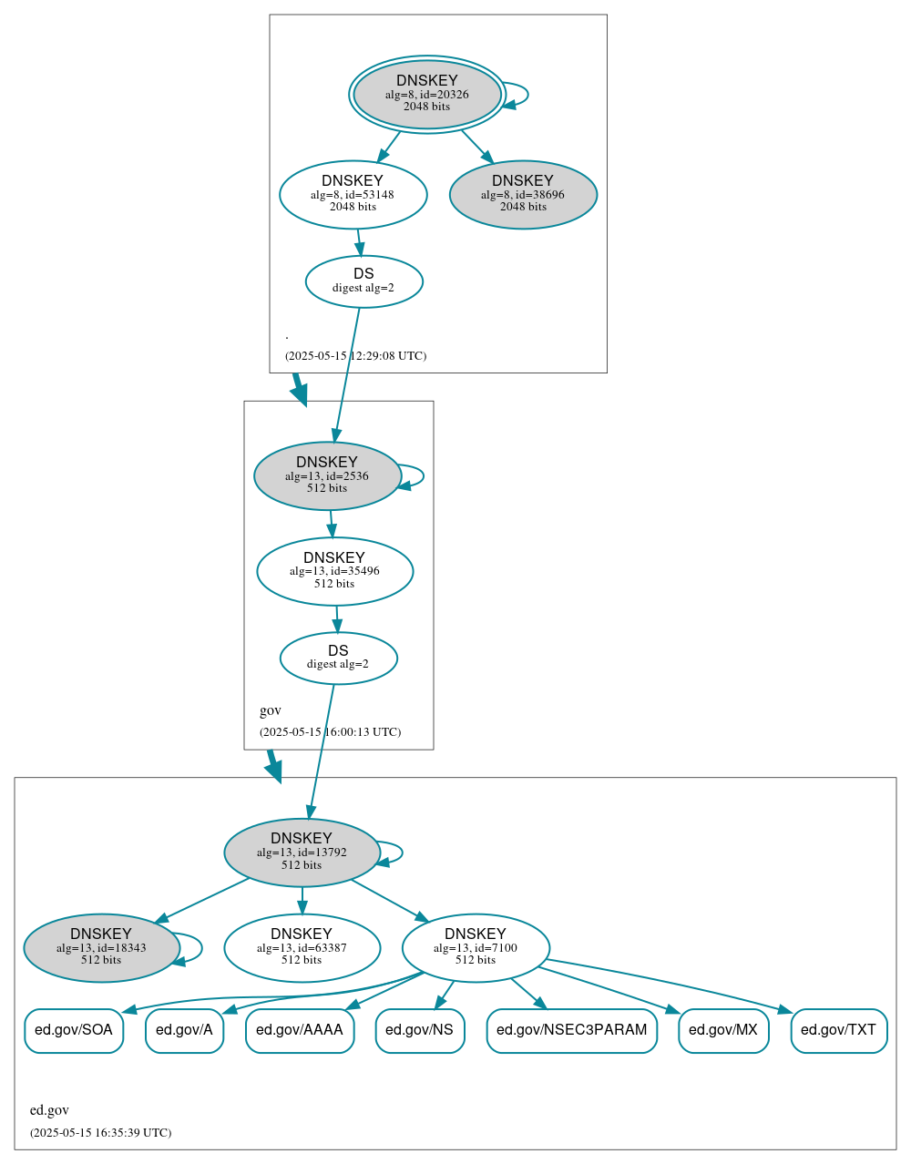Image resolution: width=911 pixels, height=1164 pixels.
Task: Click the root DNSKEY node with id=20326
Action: pos(426,94)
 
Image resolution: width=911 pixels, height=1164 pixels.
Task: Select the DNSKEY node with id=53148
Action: pos(353,194)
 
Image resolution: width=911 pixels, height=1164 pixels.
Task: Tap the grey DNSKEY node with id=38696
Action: pos(523,194)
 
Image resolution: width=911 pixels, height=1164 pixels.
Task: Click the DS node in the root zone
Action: pos(363,281)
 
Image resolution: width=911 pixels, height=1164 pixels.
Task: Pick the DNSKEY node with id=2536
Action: pos(327,475)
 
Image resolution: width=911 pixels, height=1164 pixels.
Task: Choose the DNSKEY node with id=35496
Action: pos(334,571)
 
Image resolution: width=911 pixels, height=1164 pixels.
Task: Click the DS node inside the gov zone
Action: pos(338,658)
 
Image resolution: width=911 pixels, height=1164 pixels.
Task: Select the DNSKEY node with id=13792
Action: pos(302,853)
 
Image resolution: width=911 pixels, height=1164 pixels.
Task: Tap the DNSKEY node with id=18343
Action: pos(101,948)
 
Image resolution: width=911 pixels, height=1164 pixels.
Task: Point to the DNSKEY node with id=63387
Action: pos(302,948)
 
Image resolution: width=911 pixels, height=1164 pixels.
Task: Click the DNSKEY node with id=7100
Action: pos(476,948)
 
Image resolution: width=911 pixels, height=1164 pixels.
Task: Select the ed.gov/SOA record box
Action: pos(74,1030)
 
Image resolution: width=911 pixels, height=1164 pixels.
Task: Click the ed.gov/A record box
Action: pos(184,1030)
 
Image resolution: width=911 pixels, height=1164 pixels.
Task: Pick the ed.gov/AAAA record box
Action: pos(300,1030)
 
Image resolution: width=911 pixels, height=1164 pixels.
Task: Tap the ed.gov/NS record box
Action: pos(419,1030)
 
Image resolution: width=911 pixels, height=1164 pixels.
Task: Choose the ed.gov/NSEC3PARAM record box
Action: pos(571,1030)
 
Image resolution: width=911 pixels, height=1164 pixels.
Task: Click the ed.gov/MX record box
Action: pos(723,1030)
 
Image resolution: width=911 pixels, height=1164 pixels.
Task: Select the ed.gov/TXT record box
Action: pos(838,1030)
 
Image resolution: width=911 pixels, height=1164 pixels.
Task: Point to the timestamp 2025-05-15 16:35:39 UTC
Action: pos(100,1133)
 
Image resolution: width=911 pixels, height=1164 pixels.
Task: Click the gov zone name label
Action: pos(271,710)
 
